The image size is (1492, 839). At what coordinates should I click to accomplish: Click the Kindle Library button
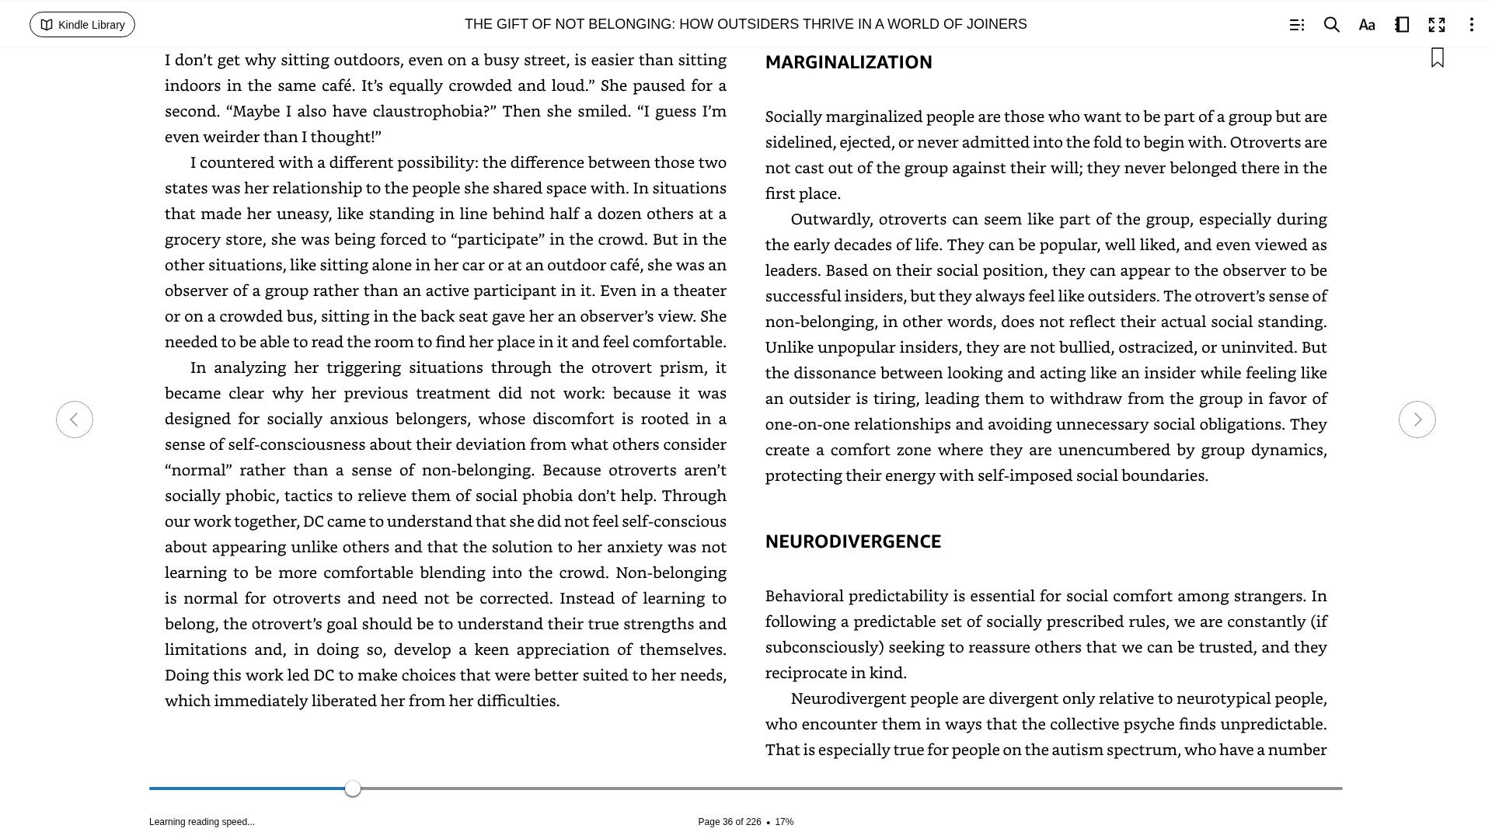[82, 25]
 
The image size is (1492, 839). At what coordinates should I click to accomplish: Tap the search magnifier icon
[1331, 25]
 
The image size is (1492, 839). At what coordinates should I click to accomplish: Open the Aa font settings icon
[1367, 25]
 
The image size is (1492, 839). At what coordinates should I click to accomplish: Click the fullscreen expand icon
[1437, 25]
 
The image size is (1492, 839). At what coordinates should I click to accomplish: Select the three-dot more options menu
[1471, 25]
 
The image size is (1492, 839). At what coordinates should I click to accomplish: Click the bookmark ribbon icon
[1438, 57]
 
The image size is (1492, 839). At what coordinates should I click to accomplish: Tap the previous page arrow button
[75, 419]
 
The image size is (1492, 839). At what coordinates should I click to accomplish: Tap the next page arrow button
[1417, 419]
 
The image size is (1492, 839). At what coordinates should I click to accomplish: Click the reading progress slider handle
[353, 789]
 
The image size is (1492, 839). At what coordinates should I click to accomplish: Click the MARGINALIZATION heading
[849, 62]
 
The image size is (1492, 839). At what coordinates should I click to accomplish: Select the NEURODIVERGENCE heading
[852, 541]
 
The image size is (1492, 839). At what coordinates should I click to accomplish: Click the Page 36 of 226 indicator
[729, 822]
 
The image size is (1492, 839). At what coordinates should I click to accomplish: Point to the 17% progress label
[784, 822]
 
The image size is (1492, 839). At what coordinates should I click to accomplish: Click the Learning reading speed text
[202, 822]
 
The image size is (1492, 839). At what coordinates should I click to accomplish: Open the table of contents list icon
[1296, 25]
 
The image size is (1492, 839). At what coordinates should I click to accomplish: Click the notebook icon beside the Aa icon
[1402, 25]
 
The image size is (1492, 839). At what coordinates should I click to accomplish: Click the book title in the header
[745, 25]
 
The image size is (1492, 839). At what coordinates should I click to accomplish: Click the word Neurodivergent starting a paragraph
[848, 698]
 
